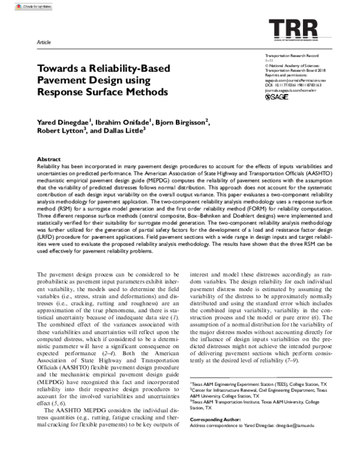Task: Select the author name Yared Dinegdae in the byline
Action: coord(64,123)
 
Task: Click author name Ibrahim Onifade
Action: coord(127,123)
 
